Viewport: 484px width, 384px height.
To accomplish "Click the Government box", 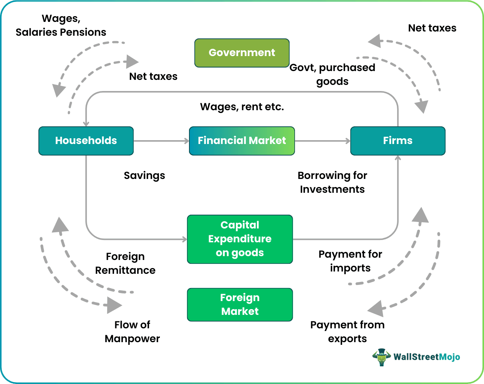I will (242, 53).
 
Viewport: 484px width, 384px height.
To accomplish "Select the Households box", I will (86, 141).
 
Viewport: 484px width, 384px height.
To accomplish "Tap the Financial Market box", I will (242, 141).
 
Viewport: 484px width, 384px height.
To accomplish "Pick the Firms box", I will (398, 141).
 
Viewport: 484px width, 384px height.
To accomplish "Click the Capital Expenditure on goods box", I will (240, 239).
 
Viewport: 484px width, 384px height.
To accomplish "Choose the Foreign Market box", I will (240, 305).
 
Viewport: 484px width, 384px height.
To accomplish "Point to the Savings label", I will (144, 175).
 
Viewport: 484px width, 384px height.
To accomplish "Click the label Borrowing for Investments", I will (332, 182).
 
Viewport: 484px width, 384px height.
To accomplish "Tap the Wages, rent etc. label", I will (242, 107).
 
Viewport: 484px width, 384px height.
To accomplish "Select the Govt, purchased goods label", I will (332, 74).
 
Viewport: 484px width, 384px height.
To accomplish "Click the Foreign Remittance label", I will (125, 263).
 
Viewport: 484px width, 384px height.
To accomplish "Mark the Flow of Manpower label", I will (132, 332).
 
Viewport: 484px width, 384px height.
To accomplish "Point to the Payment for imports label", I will (350, 261).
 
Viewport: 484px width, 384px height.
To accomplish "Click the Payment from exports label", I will (347, 332).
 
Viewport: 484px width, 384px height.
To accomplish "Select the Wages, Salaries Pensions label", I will (61, 25).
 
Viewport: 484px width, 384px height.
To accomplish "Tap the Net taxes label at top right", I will (432, 28).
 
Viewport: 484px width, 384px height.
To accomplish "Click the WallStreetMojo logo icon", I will (381, 357).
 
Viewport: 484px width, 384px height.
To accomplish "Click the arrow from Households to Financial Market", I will (161, 141).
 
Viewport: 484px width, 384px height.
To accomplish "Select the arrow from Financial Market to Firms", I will (323, 141).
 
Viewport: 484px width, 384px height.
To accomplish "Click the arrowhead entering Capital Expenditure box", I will (184, 239).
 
